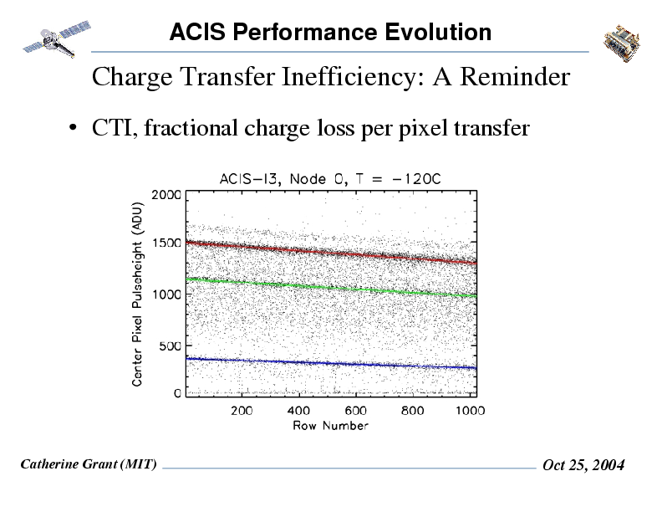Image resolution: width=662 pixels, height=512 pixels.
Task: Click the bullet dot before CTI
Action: click(74, 129)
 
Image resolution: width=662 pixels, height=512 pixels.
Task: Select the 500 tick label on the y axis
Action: click(169, 344)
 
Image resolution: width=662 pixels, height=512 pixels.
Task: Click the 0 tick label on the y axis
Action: click(176, 393)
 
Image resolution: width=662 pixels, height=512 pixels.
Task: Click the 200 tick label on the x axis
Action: click(242, 411)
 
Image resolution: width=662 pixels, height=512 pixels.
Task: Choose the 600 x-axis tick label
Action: click(356, 411)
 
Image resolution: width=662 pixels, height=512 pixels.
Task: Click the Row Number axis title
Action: click(330, 425)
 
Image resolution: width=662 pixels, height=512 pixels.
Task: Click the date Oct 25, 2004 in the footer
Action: click(583, 465)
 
